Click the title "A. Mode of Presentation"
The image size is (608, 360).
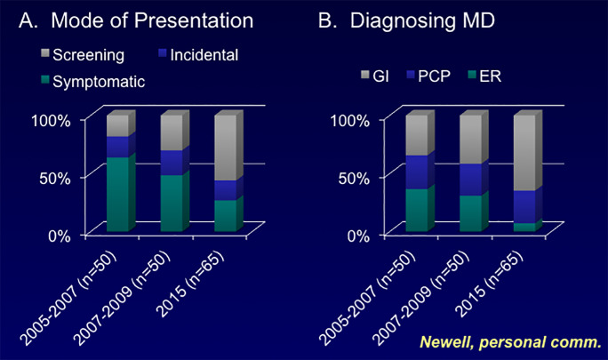(x=136, y=20)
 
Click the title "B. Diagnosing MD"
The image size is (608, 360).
(x=406, y=20)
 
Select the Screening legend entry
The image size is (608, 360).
(x=83, y=55)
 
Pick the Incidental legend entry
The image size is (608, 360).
(x=198, y=55)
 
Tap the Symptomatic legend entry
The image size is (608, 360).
(x=93, y=82)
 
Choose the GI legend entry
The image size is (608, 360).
(x=374, y=76)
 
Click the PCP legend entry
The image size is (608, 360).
(x=428, y=76)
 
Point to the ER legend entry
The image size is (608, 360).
(x=484, y=76)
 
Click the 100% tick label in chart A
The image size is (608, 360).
(x=51, y=121)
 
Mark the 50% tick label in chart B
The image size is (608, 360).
(x=354, y=179)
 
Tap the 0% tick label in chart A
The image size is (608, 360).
(x=60, y=236)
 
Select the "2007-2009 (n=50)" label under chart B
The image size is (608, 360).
(x=420, y=298)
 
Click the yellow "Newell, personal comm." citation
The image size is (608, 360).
(x=511, y=342)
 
